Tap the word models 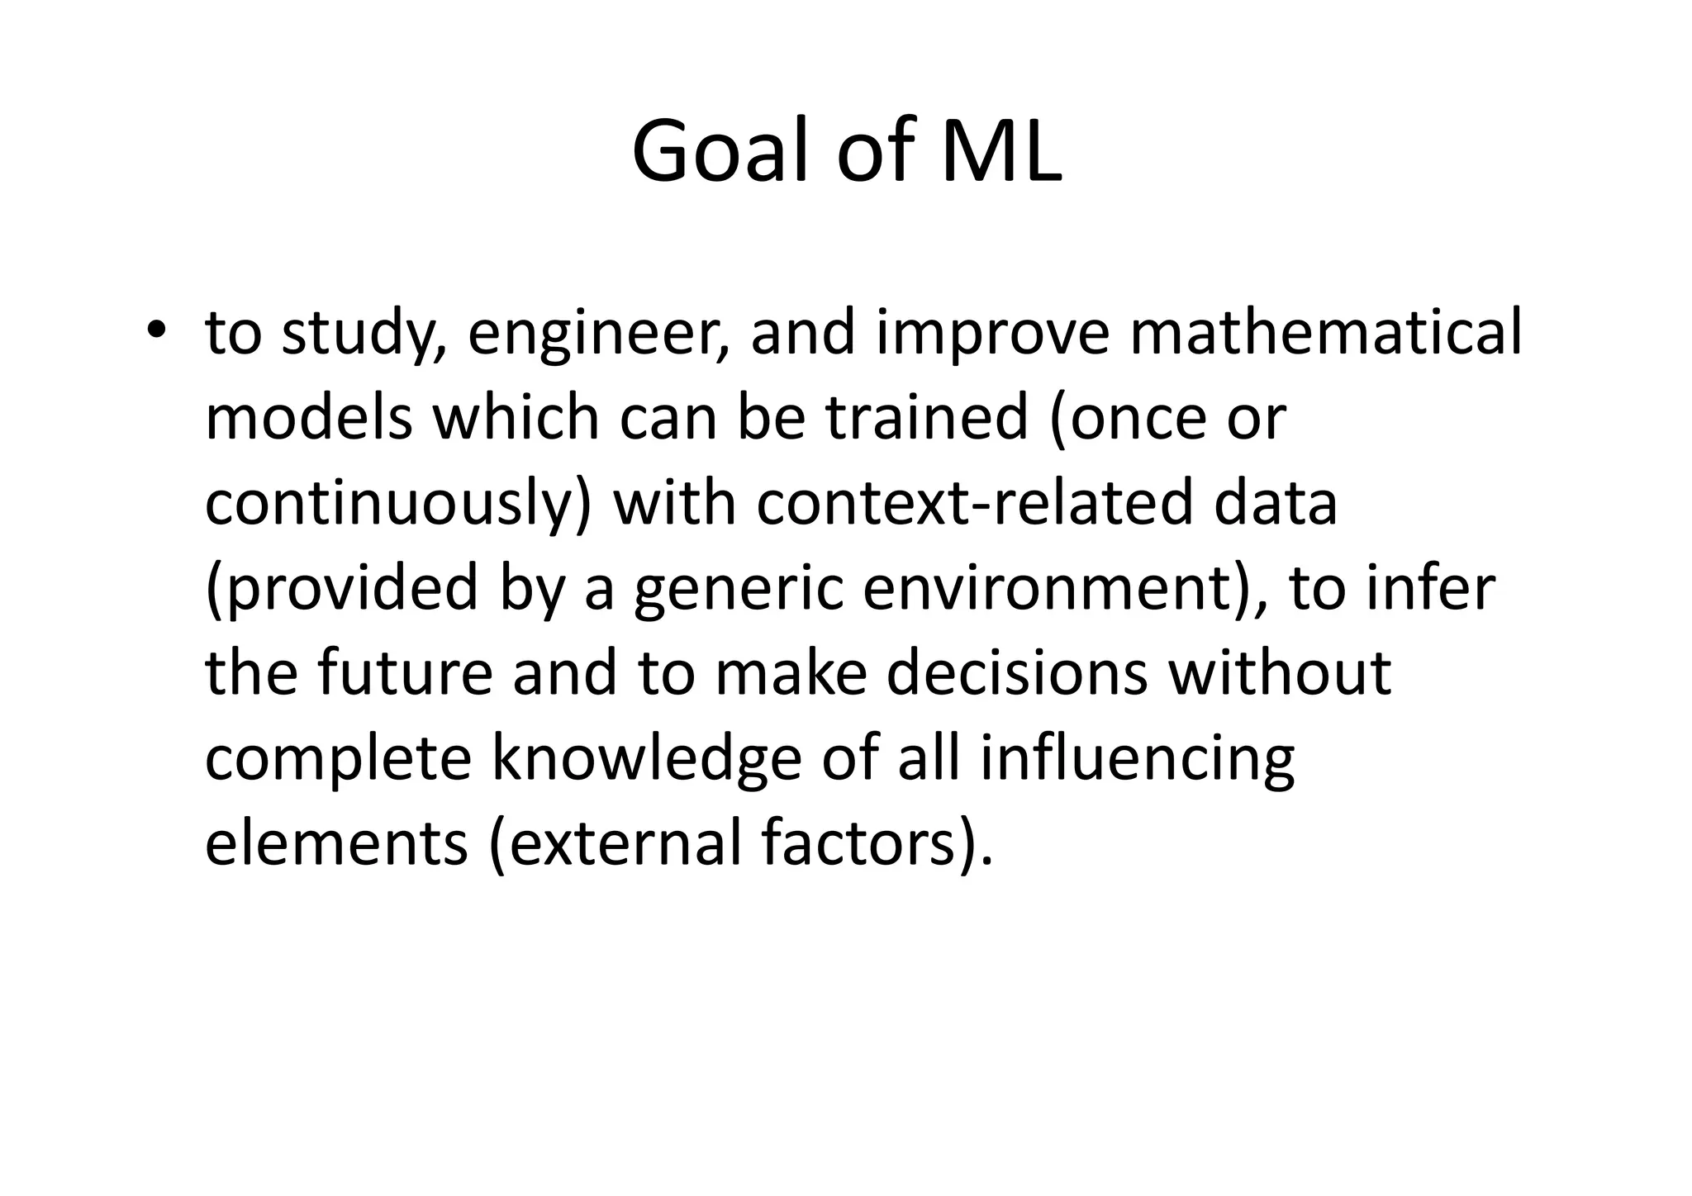(308, 417)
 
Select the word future (405, 673)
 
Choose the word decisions (1017, 673)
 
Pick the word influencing (1138, 760)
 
